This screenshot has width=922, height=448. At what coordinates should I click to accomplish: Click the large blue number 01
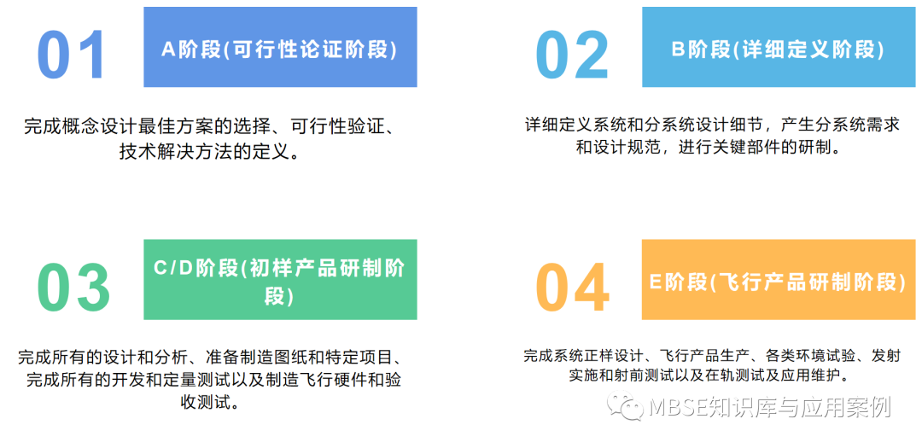point(72,55)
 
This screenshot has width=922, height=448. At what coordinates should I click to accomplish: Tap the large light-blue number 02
point(572,55)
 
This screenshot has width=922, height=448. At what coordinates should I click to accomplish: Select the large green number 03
point(73,286)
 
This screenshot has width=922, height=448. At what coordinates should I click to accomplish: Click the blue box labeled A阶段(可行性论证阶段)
point(280,49)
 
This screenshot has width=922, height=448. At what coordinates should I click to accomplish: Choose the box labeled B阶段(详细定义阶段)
point(777,49)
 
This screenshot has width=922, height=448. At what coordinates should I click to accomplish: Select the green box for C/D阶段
point(280,281)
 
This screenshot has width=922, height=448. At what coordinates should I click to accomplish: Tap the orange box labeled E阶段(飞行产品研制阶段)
point(777,281)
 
